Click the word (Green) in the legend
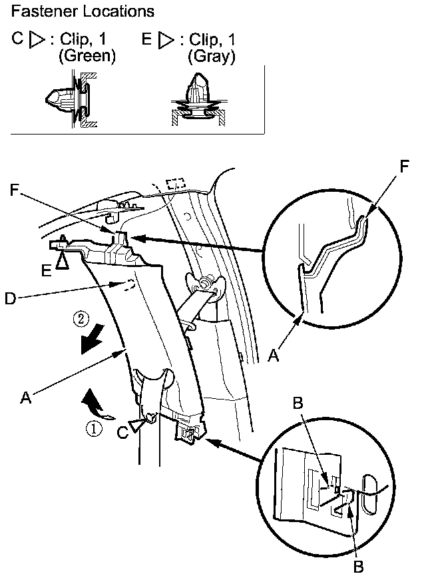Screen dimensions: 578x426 pos(87,57)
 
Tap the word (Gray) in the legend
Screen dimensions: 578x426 pos(212,57)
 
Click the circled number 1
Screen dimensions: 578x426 pos(97,430)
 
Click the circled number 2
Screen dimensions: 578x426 pos(79,319)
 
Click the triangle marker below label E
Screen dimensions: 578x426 pos(62,262)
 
